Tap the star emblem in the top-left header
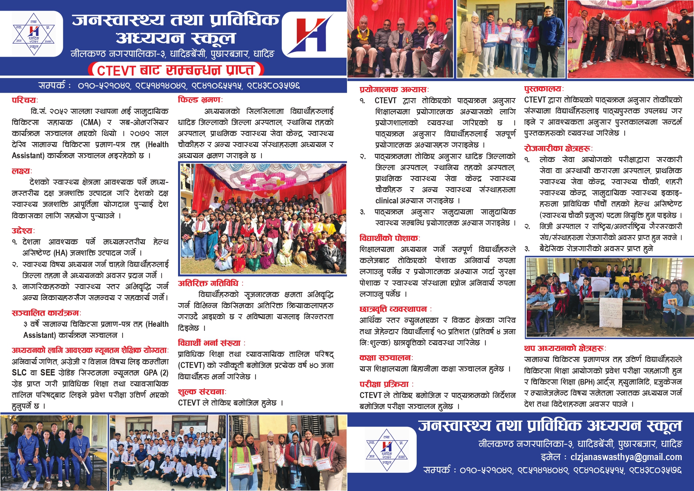(x=34, y=34)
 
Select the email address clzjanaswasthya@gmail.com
(x=626, y=457)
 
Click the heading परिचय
(x=24, y=100)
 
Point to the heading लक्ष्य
(x=21, y=171)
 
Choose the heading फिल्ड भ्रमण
(x=199, y=100)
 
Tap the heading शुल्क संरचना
(x=201, y=392)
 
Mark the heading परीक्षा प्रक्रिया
(x=384, y=384)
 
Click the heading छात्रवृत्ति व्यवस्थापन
(x=393, y=309)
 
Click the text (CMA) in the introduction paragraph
(x=91, y=122)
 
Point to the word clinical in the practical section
(x=387, y=201)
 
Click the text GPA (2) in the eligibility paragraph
(x=156, y=372)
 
